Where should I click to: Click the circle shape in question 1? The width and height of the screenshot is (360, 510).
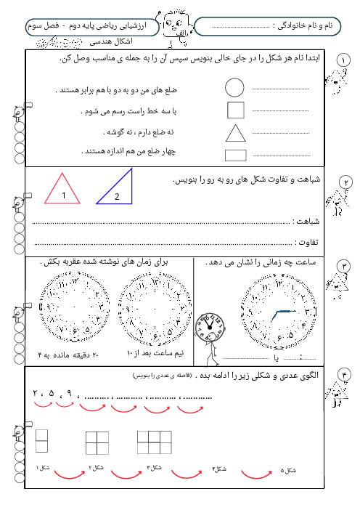tap(234, 89)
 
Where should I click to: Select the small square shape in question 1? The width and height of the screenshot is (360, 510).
tap(235, 110)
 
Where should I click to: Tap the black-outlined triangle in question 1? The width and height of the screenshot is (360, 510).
tap(234, 132)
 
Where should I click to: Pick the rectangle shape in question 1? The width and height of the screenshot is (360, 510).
tap(235, 154)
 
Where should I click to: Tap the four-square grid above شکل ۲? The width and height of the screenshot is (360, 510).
tap(97, 441)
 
